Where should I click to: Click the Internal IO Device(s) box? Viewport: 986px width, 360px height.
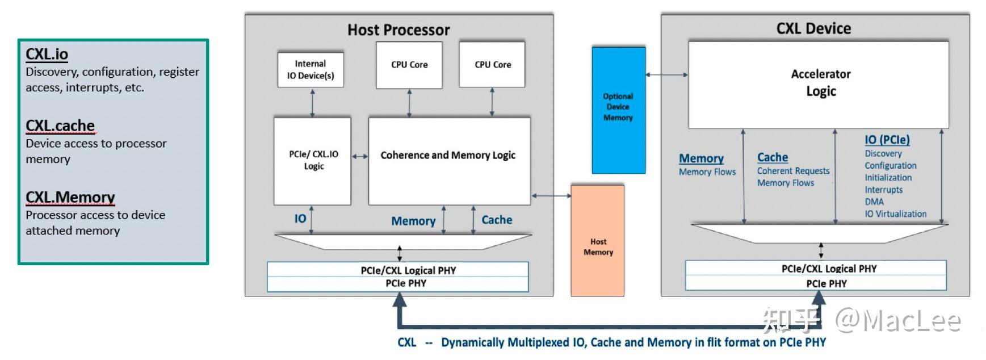pos(311,70)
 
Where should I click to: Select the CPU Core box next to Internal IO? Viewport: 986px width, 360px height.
pos(409,65)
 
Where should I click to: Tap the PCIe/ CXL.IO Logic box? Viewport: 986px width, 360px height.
pos(313,161)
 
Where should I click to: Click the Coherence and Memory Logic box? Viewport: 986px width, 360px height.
pos(448,161)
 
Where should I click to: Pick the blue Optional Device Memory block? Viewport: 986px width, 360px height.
pos(618,110)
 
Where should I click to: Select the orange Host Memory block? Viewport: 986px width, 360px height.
pos(598,241)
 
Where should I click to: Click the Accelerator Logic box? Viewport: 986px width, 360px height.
pos(820,83)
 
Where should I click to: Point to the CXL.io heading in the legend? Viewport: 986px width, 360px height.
pos(47,55)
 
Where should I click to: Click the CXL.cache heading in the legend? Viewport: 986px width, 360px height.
pos(60,125)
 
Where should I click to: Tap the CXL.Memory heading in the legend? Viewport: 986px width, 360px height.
pos(70,197)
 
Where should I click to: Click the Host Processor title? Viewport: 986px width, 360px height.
pos(398,30)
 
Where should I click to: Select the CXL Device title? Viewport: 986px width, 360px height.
pos(813,28)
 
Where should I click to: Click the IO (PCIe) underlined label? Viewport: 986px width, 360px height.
pos(887,140)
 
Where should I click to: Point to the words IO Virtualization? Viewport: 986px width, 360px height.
pos(895,214)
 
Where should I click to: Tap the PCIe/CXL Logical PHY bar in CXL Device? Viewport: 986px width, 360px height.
pos(828,269)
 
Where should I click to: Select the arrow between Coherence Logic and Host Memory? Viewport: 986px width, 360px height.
pos(551,196)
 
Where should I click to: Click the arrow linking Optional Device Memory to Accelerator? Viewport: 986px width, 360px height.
pos(666,74)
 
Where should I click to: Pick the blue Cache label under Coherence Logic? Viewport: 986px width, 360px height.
pos(497,220)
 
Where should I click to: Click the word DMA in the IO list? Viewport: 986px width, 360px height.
pos(874,202)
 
